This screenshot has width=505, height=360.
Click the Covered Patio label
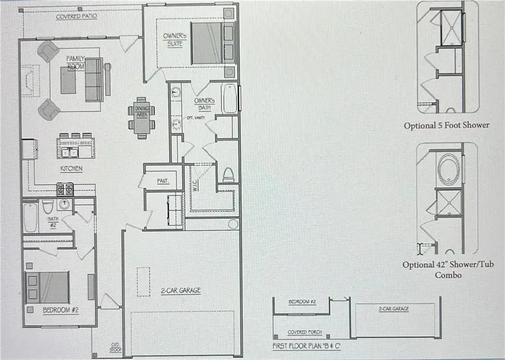pos(76,16)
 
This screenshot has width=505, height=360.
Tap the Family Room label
pos(76,62)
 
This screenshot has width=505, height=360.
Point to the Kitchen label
pos(71,168)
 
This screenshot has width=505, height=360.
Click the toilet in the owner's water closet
pos(228,174)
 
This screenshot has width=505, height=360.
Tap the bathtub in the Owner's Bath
pos(230,99)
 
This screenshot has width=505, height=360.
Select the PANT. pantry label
pos(163,181)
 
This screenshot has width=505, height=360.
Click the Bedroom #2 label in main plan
pos(60,309)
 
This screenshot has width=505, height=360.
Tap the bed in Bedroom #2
pos(47,287)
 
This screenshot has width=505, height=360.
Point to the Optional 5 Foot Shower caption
pos(446,126)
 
